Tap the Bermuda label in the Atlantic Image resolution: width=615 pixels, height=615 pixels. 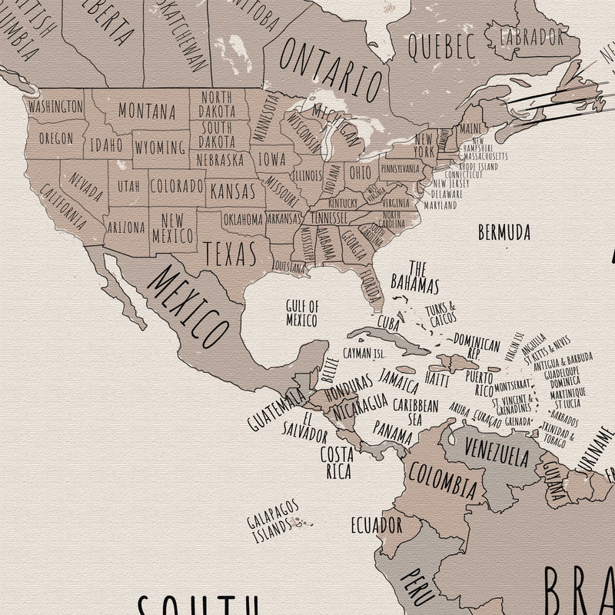[504, 231]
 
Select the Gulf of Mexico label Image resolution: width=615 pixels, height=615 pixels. [302, 311]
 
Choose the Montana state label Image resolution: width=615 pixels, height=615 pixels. [147, 111]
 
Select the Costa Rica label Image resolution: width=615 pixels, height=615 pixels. [337, 460]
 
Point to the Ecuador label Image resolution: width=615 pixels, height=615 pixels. [376, 526]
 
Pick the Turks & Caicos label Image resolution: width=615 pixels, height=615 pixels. [440, 312]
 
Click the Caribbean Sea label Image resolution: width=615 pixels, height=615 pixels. [415, 411]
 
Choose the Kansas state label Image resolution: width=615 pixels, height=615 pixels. [233, 189]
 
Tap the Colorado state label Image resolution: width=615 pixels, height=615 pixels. [176, 186]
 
